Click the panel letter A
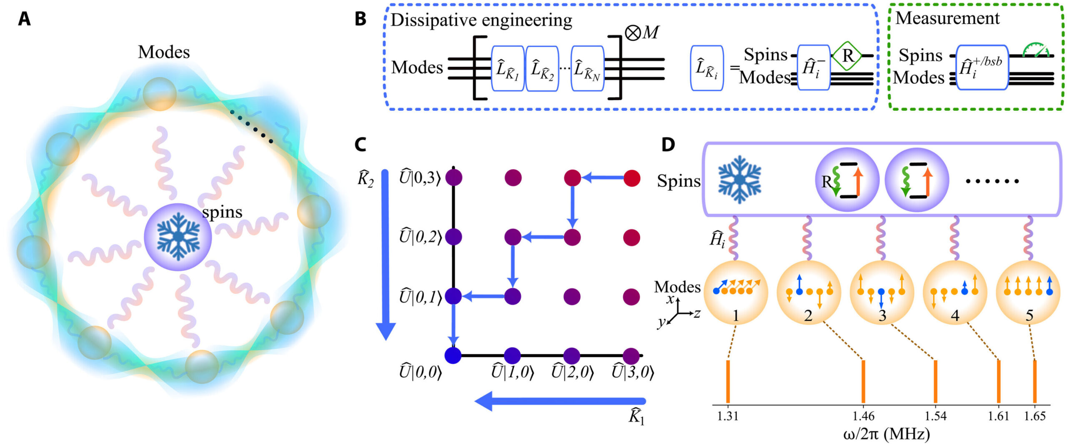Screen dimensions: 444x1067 pos(24,19)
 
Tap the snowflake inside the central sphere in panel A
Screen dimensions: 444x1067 pos(178,236)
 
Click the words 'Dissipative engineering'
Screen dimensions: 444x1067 pos(481,20)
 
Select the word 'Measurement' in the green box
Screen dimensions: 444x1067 pos(947,18)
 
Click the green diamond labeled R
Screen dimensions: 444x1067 pos(847,55)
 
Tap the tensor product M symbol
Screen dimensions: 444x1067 pos(642,32)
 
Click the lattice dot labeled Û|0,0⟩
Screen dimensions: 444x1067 pos(453,355)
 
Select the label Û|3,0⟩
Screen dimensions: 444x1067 pos(632,372)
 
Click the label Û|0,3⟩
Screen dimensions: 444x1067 pos(420,177)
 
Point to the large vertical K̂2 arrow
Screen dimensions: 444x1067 pos(386,254)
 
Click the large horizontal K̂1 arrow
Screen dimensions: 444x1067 pos(561,401)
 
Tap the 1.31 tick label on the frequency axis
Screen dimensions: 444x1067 pos(728,416)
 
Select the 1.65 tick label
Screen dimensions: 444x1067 pos(1035,416)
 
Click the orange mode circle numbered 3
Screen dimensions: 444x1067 pos(882,293)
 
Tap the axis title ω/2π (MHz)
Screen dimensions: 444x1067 pos(887,434)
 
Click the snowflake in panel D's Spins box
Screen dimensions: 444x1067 pos(739,180)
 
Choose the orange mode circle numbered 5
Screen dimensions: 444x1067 pos(1028,293)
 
